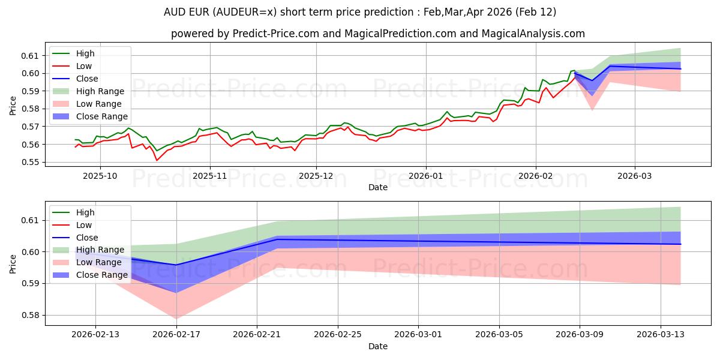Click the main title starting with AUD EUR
click(x=360, y=12)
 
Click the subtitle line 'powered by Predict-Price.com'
click(x=378, y=34)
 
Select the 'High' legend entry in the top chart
click(x=84, y=53)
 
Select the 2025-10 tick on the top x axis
click(x=100, y=176)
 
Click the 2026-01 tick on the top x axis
click(x=426, y=176)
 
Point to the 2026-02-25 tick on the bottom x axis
click(x=338, y=334)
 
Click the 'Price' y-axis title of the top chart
click(x=13, y=106)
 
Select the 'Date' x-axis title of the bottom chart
click(x=378, y=346)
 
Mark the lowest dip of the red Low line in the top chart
click(x=157, y=160)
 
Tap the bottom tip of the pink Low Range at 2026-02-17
click(x=176, y=319)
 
